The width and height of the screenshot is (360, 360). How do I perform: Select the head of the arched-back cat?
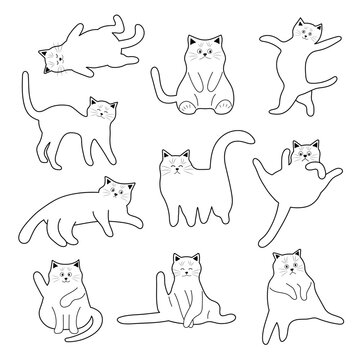coord(99,109)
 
